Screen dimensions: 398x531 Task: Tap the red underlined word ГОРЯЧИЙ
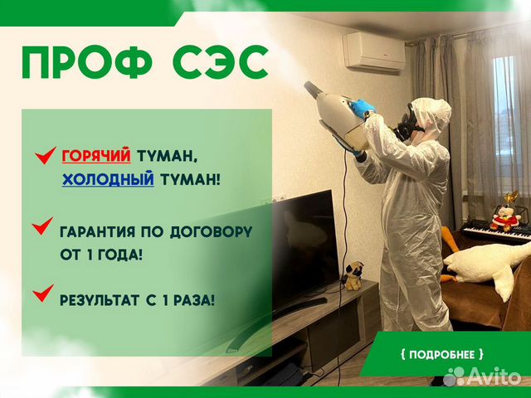(x=95, y=155)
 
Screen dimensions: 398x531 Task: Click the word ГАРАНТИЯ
(x=104, y=230)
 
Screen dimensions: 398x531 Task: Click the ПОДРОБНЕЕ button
(x=442, y=353)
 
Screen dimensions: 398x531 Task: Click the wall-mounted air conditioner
(x=374, y=51)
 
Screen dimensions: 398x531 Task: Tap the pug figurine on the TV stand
(x=354, y=274)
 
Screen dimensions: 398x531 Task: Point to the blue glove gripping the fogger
(x=363, y=109)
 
